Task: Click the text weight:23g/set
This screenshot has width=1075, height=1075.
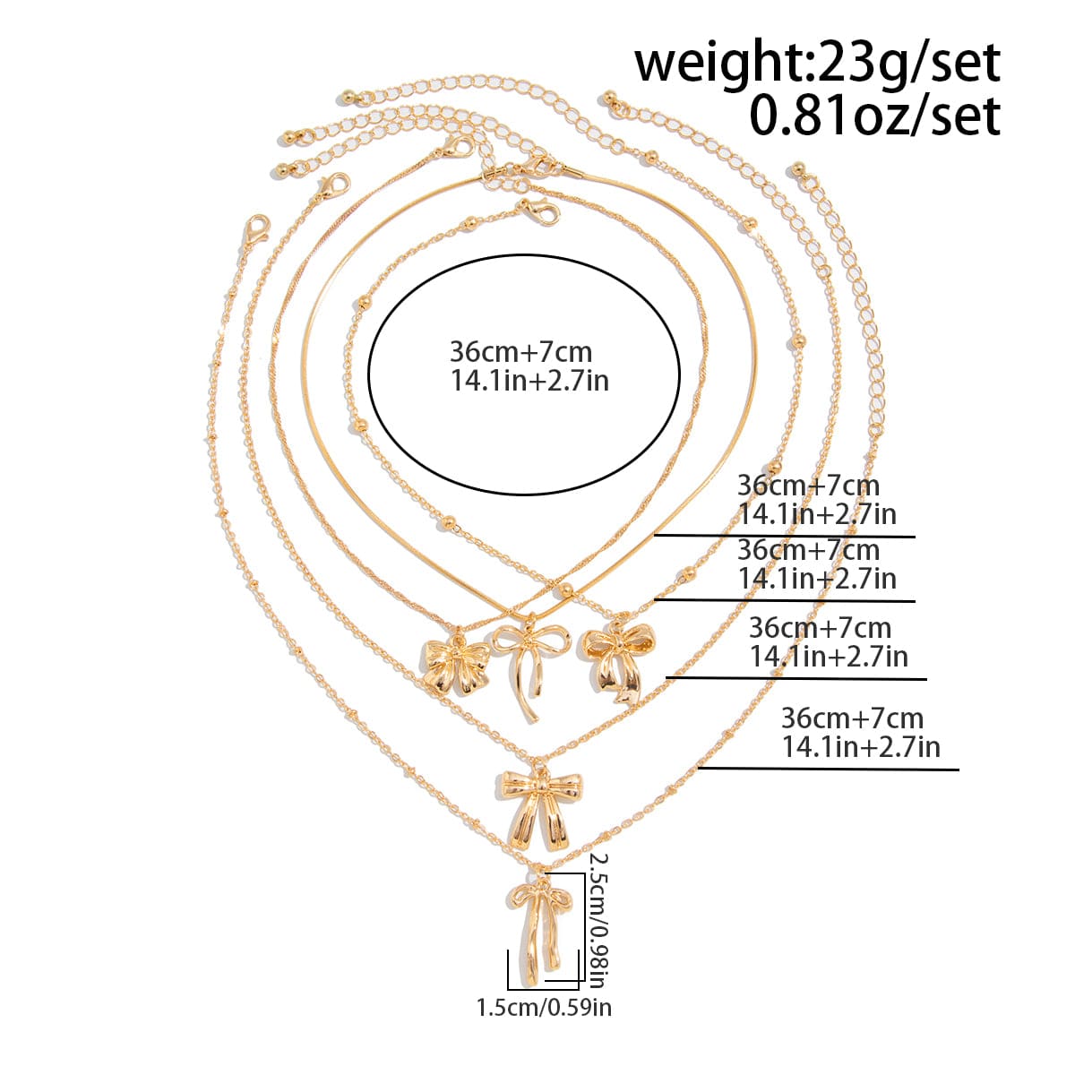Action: (817, 64)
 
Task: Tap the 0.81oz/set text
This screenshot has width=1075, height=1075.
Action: (874, 116)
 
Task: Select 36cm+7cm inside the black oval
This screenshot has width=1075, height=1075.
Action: (520, 352)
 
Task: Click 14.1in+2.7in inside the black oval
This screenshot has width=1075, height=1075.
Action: (529, 382)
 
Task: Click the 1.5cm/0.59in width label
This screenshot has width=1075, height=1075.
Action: (544, 1008)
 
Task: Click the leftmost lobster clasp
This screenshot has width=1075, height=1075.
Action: (256, 230)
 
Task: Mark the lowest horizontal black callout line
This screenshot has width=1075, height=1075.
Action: (829, 770)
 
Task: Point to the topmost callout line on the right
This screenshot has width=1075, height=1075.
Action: (785, 537)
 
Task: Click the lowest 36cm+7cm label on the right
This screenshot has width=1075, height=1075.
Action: (853, 718)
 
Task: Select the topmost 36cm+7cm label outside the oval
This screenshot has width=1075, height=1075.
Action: (808, 486)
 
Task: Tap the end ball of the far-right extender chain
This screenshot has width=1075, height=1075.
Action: (799, 169)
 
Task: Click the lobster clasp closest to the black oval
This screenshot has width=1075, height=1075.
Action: (538, 212)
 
